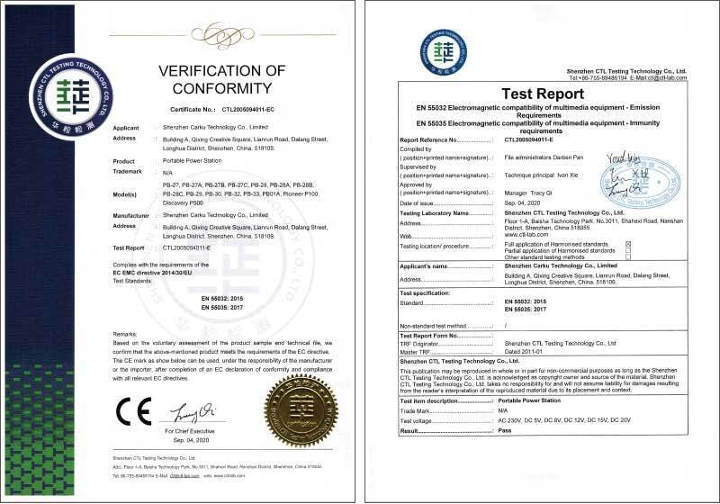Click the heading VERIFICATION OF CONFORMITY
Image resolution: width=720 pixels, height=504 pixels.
(221, 79)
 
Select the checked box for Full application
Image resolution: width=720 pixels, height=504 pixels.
(627, 244)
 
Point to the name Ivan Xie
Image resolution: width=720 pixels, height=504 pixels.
(556, 180)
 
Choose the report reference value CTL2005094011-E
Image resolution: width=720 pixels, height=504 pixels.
(536, 140)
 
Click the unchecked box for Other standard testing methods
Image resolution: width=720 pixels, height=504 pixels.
(627, 256)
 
